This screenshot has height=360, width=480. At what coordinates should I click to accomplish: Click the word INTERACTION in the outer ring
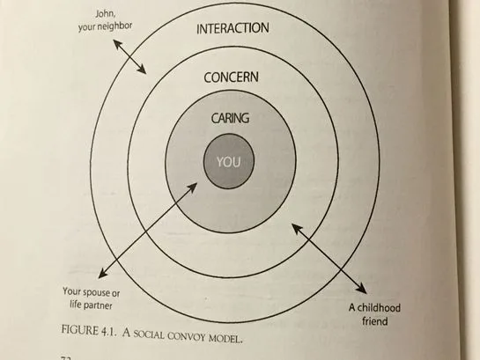tap(233, 28)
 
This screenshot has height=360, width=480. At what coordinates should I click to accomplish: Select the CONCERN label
tap(231, 77)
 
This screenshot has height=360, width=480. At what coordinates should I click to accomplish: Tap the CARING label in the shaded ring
tap(230, 118)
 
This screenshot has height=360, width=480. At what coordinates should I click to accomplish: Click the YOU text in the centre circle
tap(229, 162)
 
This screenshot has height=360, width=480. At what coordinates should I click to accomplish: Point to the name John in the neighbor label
tap(106, 14)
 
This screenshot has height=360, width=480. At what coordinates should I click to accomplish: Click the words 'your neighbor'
tap(105, 26)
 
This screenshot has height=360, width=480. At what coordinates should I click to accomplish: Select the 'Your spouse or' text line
tap(92, 292)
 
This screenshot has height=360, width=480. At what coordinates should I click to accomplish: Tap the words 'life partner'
tap(91, 305)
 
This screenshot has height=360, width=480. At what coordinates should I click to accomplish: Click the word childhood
tap(379, 308)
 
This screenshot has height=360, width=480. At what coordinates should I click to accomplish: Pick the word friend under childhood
tap(375, 321)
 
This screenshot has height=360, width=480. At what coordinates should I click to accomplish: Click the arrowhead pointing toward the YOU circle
tap(193, 187)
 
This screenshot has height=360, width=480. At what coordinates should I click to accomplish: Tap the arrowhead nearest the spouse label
tap(102, 274)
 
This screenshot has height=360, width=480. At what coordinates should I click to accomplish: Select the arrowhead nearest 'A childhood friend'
tap(361, 289)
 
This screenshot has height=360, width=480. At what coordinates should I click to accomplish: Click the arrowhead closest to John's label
tap(117, 44)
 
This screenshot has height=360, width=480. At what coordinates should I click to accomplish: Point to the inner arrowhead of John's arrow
tap(142, 70)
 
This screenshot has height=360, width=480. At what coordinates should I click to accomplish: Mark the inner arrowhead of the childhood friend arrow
tap(296, 228)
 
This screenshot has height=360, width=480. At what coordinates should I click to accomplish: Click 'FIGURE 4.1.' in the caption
tap(89, 331)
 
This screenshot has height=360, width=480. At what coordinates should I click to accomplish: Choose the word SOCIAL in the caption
tap(149, 334)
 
